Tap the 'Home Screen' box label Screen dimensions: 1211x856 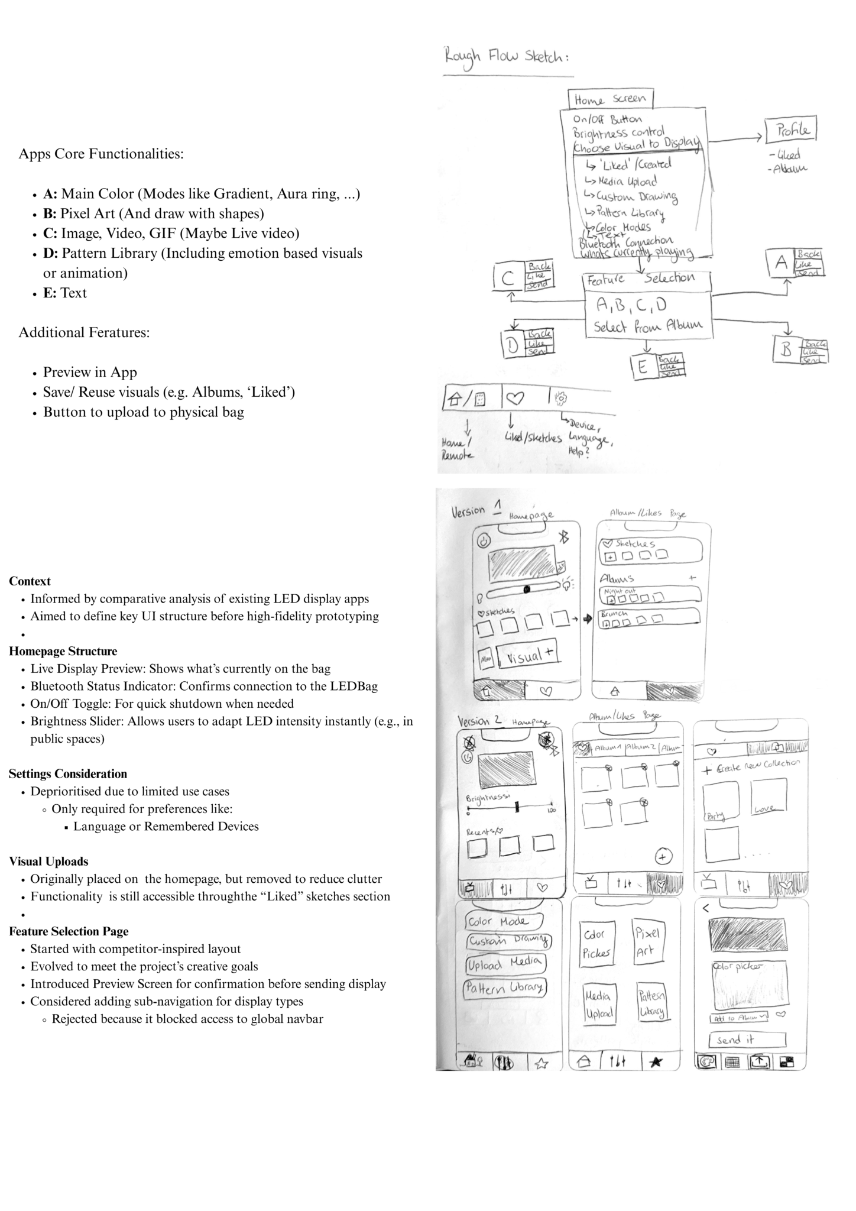point(610,99)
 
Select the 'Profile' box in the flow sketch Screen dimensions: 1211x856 point(790,129)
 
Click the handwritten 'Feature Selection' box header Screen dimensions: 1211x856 point(647,279)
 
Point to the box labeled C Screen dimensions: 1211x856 point(508,279)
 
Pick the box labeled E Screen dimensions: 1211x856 point(642,368)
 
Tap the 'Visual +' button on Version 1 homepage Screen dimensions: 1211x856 point(528,655)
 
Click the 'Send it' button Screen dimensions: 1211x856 point(747,1040)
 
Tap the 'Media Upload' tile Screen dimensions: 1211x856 point(598,1003)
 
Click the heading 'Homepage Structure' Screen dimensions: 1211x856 point(63,652)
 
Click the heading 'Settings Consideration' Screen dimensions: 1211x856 point(68,774)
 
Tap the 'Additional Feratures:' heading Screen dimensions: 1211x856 point(84,333)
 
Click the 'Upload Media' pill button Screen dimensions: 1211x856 point(504,964)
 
